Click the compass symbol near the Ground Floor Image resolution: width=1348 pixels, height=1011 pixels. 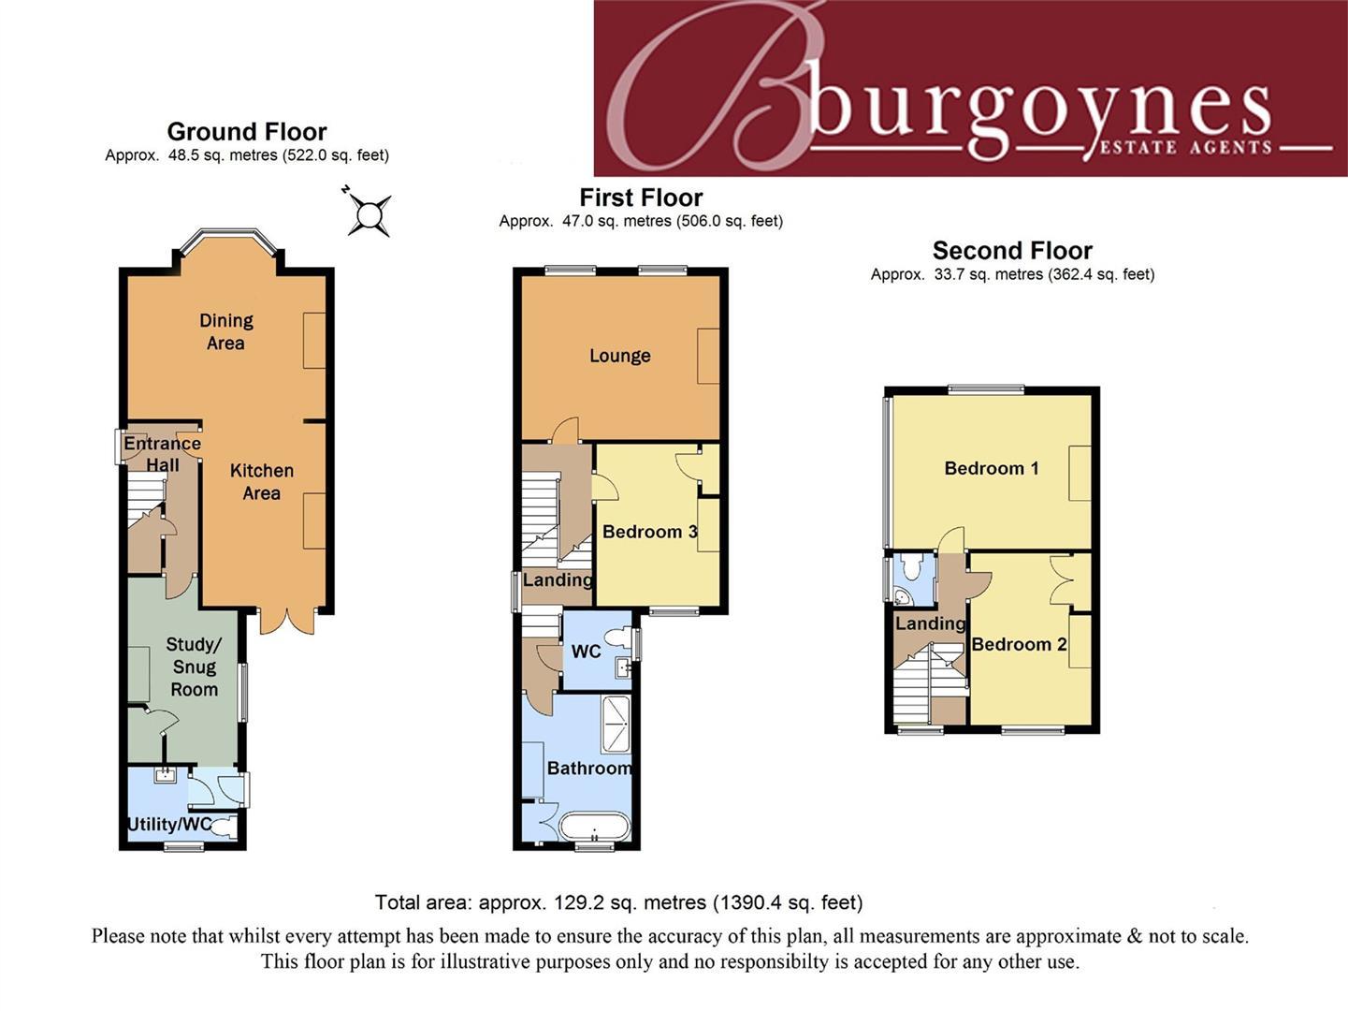tap(369, 214)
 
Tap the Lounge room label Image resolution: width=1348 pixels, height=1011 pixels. tap(619, 356)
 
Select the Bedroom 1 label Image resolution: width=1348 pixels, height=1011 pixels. tap(991, 468)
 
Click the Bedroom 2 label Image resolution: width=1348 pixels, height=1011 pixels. tap(1019, 644)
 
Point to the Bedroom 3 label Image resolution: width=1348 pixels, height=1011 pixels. tap(649, 532)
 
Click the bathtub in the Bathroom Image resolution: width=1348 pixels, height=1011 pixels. tap(595, 827)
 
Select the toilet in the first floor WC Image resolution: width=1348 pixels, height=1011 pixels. tap(618, 638)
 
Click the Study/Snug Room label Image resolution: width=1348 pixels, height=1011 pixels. tap(194, 667)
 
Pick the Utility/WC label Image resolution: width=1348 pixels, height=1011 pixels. tap(169, 825)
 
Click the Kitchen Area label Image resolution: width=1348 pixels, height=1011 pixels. tap(261, 481)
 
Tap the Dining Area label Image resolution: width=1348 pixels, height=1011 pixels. tap(225, 331)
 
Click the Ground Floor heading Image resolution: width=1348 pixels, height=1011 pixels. tap(247, 131)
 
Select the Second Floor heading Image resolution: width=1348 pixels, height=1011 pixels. tap(1012, 250)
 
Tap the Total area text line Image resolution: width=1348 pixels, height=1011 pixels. tap(618, 902)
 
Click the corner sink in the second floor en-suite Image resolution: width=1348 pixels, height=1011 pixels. tap(903, 595)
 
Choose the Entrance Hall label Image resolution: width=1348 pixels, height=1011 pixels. tap(162, 454)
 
